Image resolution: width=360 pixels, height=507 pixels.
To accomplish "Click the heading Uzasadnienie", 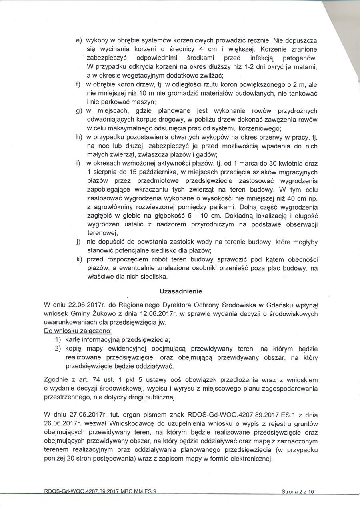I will pyautogui.click(x=180, y=291).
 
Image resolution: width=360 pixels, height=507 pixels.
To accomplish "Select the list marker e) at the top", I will pyautogui.click(x=78, y=40).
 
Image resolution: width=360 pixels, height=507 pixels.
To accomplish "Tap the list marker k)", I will pyautogui.click(x=79, y=259).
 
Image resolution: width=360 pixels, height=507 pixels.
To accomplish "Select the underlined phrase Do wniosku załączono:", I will pyautogui.click(x=78, y=331).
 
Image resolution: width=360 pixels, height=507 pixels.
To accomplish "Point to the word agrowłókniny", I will pyautogui.click(x=111, y=207).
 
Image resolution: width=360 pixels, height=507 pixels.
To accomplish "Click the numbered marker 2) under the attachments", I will pyautogui.click(x=57, y=348).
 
